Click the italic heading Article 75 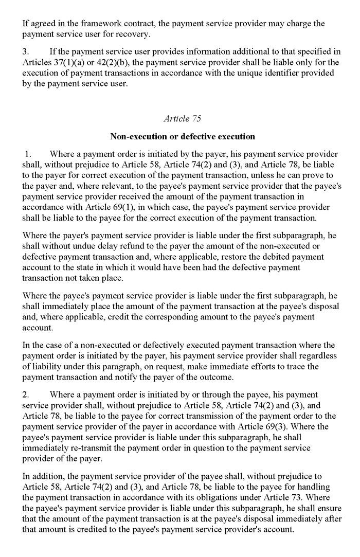pos(183,119)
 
